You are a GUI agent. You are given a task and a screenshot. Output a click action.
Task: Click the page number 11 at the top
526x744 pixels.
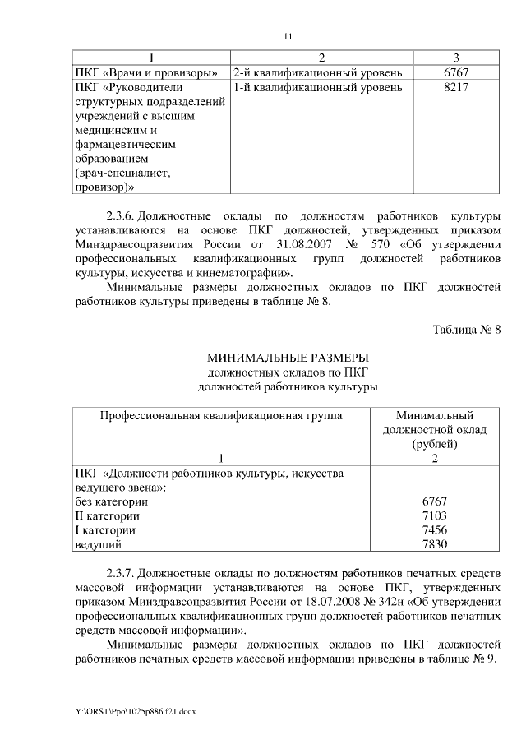click(288, 35)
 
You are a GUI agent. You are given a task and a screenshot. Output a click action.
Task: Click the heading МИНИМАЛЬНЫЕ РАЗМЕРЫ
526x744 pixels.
click(288, 358)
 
